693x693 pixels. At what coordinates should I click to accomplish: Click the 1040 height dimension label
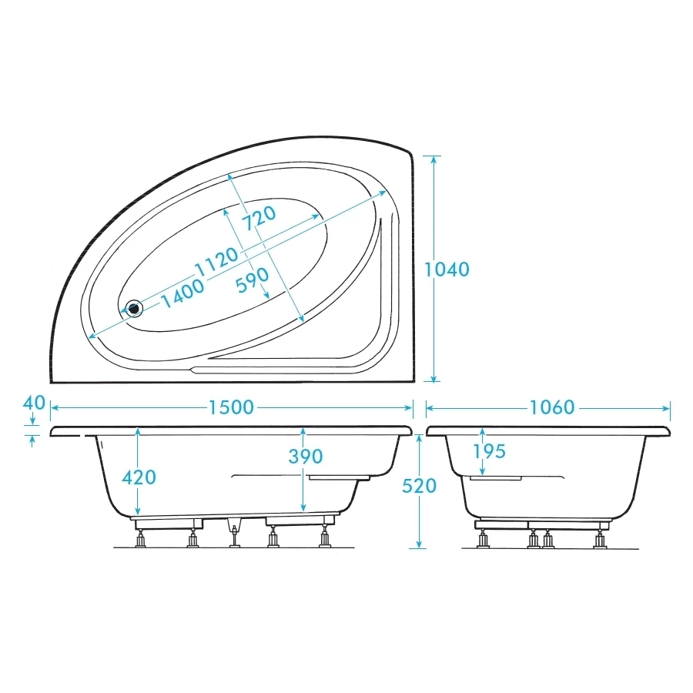447,269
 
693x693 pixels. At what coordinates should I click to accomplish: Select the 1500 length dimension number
231,407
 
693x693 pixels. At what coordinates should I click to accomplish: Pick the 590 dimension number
252,279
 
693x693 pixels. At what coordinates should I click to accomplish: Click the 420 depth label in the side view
139,477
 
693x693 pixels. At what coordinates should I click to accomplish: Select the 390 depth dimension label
305,457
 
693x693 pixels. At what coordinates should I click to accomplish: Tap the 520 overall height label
420,486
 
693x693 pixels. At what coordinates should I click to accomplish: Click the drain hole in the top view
136,308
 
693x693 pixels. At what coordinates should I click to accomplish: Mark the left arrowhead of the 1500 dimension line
55,407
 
